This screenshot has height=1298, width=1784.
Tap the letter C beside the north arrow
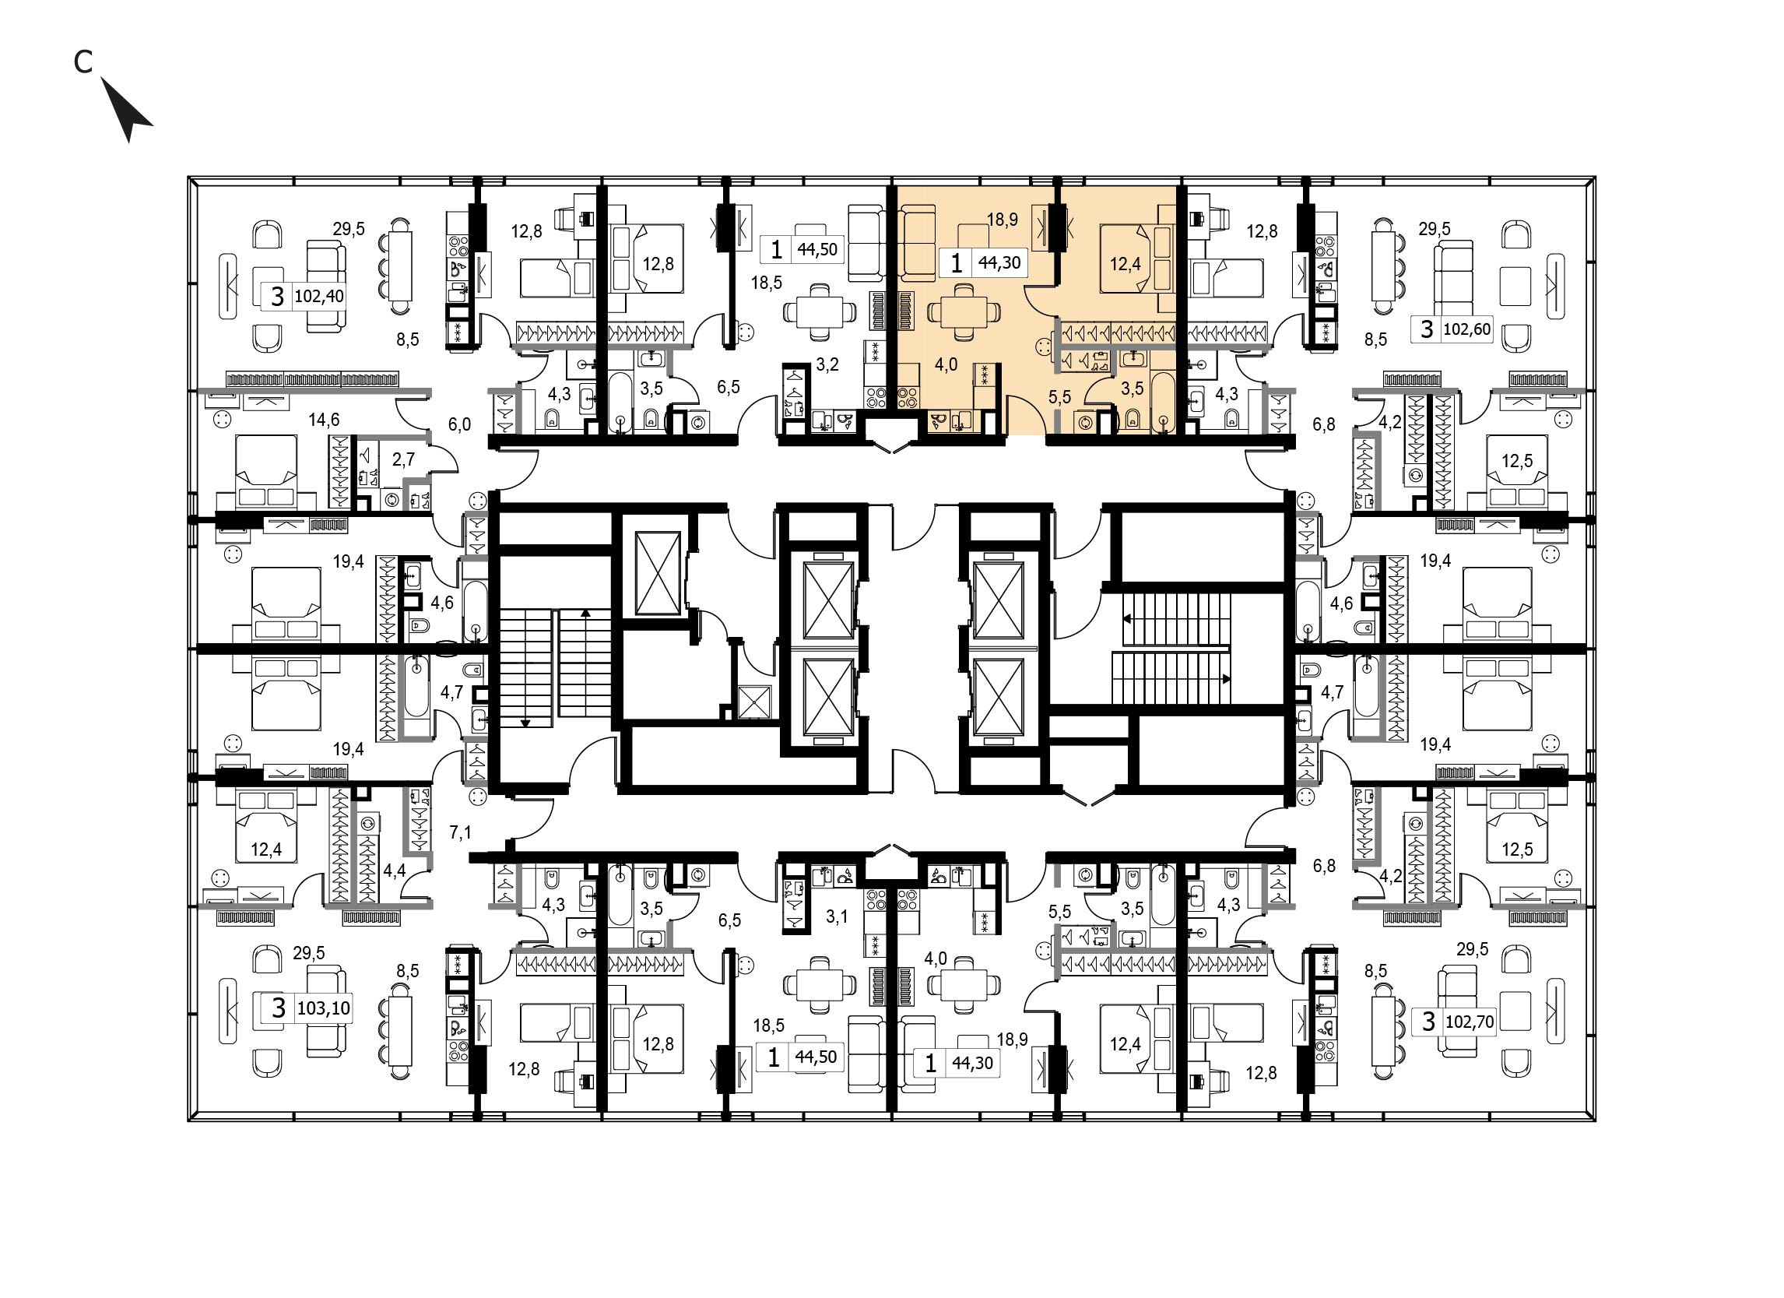(83, 62)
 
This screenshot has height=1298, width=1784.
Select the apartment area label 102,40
(318, 297)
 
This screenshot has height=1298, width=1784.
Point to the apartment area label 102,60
(1466, 329)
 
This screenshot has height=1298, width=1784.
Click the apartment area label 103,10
(323, 1008)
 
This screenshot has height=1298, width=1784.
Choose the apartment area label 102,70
(1470, 1021)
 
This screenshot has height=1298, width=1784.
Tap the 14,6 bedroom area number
(324, 420)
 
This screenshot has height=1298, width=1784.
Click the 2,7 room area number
(402, 459)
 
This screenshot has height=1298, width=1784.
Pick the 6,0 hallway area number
(459, 425)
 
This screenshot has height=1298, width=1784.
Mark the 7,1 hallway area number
(460, 832)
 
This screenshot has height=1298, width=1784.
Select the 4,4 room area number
(394, 871)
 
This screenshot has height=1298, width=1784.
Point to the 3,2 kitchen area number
(827, 365)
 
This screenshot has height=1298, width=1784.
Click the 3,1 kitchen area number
(837, 916)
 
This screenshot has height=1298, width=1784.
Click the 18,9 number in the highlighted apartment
(1002, 220)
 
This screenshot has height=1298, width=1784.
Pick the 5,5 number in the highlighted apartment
(1059, 397)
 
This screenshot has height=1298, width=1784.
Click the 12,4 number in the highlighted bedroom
(1125, 264)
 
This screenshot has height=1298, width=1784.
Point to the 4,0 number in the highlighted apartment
(946, 365)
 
